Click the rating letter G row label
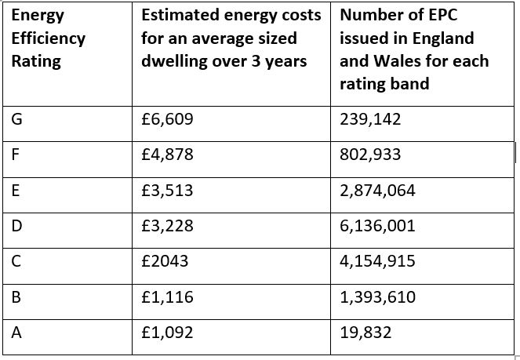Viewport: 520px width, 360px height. pyautogui.click(x=16, y=119)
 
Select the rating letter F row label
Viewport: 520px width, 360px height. pyautogui.click(x=15, y=155)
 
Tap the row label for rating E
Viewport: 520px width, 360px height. pyautogui.click(x=15, y=190)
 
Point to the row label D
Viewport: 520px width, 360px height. pyautogui.click(x=16, y=227)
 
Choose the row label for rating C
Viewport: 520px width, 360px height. pyautogui.click(x=16, y=261)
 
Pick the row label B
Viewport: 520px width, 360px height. pyautogui.click(x=16, y=297)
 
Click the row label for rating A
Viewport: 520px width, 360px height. pyautogui.click(x=16, y=333)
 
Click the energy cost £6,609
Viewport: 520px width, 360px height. pyautogui.click(x=167, y=119)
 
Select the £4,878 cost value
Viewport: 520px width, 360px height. pyautogui.click(x=167, y=155)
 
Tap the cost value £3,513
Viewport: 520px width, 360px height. pyautogui.click(x=167, y=190)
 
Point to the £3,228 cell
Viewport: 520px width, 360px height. pyautogui.click(x=167, y=227)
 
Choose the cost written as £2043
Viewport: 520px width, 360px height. pyautogui.click(x=165, y=261)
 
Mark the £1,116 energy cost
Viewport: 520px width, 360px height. pyautogui.click(x=167, y=297)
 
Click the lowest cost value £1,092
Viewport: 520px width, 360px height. pyautogui.click(x=167, y=333)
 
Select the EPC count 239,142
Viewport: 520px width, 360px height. pyautogui.click(x=370, y=119)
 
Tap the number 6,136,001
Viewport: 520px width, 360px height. pyautogui.click(x=377, y=227)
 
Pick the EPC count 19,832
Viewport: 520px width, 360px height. pyautogui.click(x=365, y=333)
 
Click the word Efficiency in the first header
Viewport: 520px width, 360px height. pyautogui.click(x=49, y=38)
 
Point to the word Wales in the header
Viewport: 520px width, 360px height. pyautogui.click(x=395, y=60)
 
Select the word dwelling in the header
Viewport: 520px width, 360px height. pyautogui.click(x=172, y=60)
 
